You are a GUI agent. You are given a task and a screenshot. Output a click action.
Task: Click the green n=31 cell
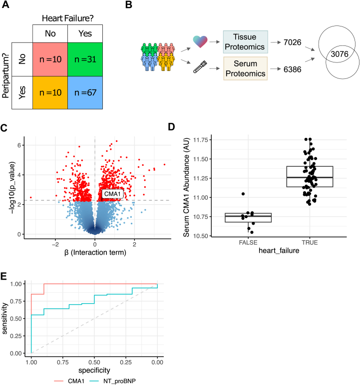click(x=85, y=59)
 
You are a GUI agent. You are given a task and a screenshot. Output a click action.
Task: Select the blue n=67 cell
click(x=85, y=92)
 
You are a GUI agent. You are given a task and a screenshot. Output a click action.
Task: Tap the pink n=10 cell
click(x=50, y=59)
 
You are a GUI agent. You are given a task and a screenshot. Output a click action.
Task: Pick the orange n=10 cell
click(x=50, y=92)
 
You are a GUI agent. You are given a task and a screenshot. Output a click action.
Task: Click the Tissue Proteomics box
click(x=245, y=42)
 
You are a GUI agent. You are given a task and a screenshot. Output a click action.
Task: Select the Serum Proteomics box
click(x=245, y=68)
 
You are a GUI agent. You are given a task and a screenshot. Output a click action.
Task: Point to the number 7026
click(x=292, y=42)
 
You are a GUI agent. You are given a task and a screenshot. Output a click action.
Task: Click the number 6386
click(x=292, y=69)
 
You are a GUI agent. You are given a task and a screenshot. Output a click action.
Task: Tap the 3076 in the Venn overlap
click(x=340, y=54)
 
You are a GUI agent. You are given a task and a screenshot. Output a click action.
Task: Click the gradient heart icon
click(x=200, y=42)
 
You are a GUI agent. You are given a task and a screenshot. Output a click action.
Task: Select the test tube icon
click(x=200, y=67)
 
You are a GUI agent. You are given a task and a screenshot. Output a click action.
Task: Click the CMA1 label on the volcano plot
click(x=112, y=194)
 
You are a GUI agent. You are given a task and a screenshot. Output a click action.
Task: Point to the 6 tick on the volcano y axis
click(x=19, y=145)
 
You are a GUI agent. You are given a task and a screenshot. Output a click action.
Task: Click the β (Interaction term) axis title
click(x=95, y=252)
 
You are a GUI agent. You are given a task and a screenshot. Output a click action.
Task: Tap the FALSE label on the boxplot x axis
click(x=248, y=243)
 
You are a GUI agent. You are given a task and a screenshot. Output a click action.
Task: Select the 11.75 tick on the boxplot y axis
click(x=200, y=140)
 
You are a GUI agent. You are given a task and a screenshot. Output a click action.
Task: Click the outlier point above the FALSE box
click(x=243, y=194)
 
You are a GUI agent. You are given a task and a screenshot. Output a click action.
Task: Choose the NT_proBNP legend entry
click(x=113, y=381)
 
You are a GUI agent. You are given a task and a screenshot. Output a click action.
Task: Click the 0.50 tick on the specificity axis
click(x=94, y=363)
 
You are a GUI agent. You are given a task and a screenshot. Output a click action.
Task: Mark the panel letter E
click(x=3, y=276)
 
